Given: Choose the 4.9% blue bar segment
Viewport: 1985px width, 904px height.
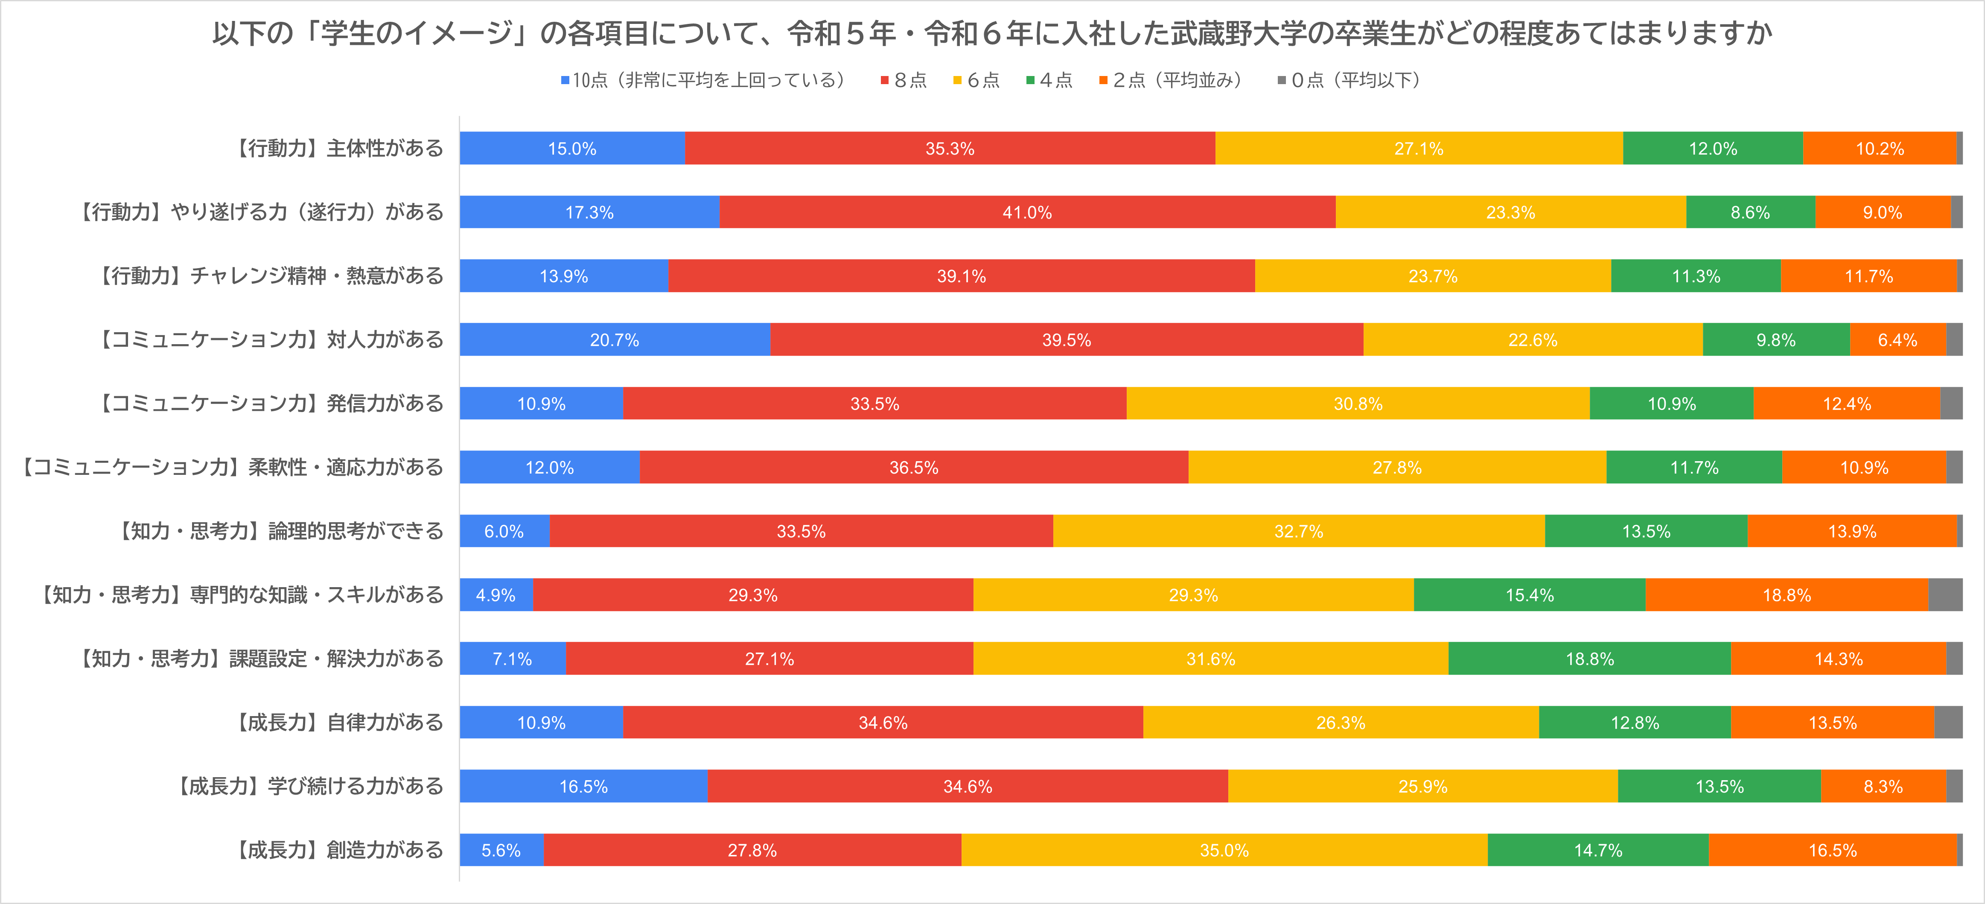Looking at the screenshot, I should point(496,595).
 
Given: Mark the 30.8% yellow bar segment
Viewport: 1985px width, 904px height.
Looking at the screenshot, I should point(1358,404).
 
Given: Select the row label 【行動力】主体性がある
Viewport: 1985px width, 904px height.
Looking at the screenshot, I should point(338,149).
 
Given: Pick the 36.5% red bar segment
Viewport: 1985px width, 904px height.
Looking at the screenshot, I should point(913,468).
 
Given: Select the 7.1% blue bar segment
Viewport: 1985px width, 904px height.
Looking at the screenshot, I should point(513,659).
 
